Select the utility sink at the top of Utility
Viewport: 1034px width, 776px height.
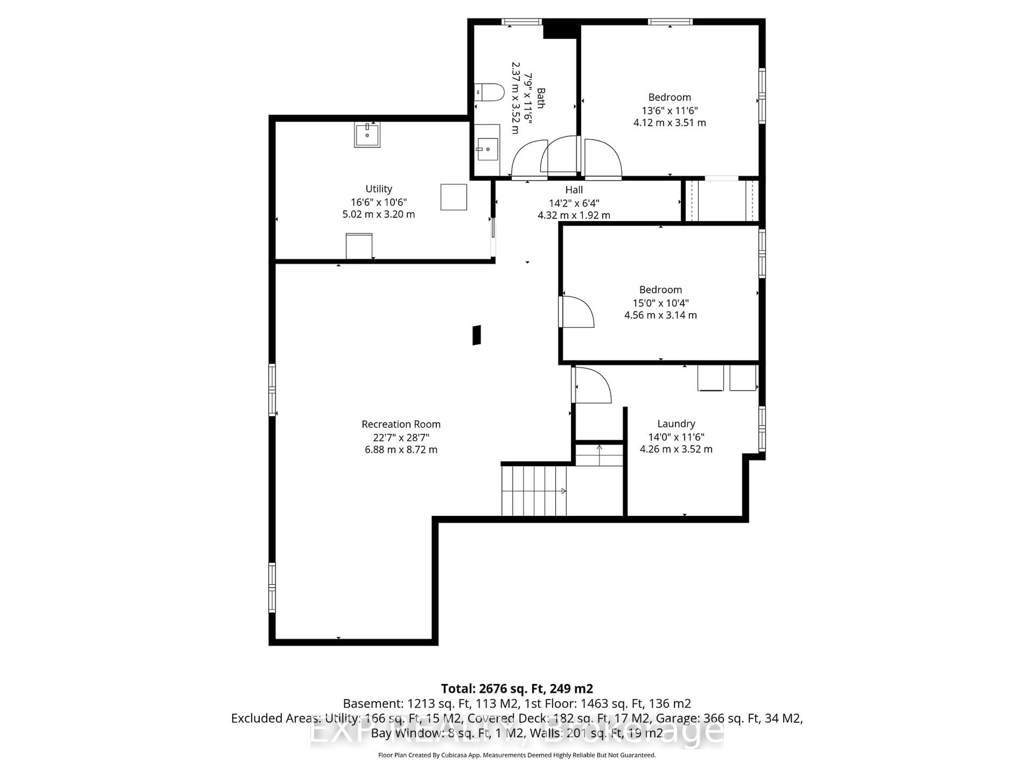tap(367, 135)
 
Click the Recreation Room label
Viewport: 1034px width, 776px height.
tap(401, 424)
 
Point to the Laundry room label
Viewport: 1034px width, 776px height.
tap(676, 424)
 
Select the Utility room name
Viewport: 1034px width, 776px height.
tap(379, 189)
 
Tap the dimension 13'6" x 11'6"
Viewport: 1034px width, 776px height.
tap(669, 111)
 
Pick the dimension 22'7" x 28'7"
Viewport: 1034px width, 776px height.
tap(401, 437)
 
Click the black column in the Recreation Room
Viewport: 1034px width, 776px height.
tap(476, 335)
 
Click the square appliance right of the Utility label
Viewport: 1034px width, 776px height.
tap(453, 197)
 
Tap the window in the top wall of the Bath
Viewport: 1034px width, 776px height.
tap(521, 22)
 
